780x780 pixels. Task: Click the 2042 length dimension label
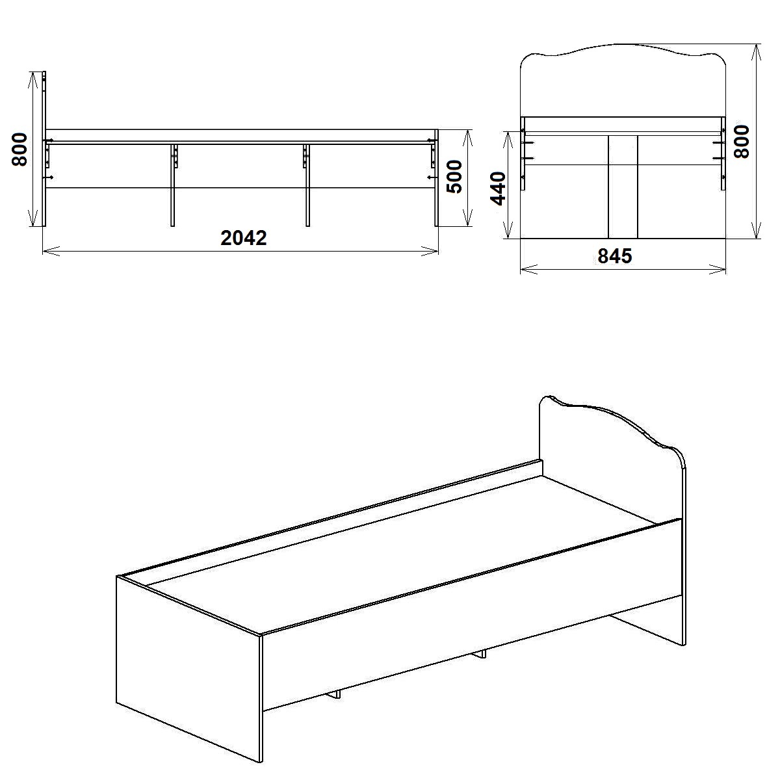click(244, 238)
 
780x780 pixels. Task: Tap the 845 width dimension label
click(615, 256)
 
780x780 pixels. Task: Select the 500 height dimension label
click(455, 177)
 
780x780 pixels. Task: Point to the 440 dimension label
click(498, 188)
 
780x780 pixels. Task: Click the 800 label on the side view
click(19, 149)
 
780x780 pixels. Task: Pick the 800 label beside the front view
click(742, 141)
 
